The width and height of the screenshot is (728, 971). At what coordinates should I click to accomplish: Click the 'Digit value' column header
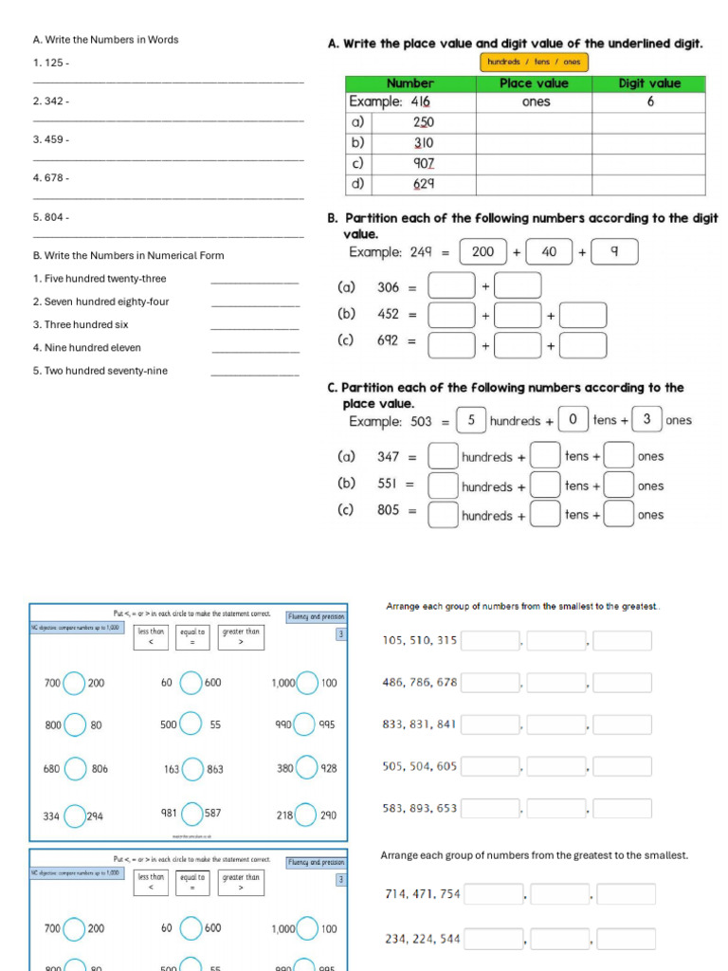pyautogui.click(x=649, y=83)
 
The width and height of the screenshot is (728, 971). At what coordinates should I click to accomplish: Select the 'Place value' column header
pyautogui.click(x=534, y=83)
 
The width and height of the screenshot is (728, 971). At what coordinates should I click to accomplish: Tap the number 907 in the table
pyautogui.click(x=423, y=163)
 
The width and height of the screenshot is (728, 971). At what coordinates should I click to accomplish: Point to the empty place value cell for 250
pyautogui.click(x=534, y=123)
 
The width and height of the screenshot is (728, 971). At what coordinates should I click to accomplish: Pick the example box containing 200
pyautogui.click(x=482, y=252)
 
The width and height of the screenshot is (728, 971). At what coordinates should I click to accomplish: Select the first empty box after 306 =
pyautogui.click(x=451, y=286)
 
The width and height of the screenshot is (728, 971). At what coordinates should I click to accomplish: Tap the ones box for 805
pyautogui.click(x=619, y=515)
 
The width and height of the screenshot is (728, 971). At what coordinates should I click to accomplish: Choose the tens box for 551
pyautogui.click(x=544, y=485)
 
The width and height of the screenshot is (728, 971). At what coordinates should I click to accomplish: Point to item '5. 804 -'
pyautogui.click(x=51, y=217)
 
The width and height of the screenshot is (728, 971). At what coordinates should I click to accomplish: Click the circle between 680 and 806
pyautogui.click(x=76, y=769)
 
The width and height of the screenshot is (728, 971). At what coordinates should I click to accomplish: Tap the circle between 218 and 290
pyautogui.click(x=306, y=815)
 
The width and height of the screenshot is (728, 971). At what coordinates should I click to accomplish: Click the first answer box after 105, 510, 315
pyautogui.click(x=490, y=641)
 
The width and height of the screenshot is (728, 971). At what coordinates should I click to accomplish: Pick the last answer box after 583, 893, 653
pyautogui.click(x=622, y=809)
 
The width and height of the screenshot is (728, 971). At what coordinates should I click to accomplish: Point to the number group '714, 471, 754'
pyautogui.click(x=422, y=894)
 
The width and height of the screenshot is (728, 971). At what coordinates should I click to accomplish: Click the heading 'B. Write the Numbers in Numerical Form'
pyautogui.click(x=128, y=256)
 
